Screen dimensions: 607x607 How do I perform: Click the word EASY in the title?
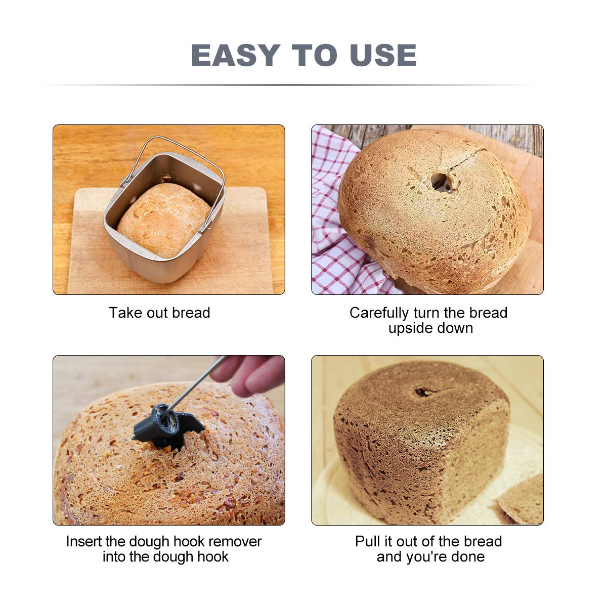(x=236, y=55)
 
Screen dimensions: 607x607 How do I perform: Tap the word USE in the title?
(x=383, y=55)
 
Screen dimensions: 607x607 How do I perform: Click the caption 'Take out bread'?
(x=159, y=313)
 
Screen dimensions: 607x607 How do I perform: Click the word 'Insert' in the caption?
(x=84, y=541)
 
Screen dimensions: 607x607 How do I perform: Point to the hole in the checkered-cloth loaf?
(x=440, y=182)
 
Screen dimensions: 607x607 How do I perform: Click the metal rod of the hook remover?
(x=197, y=382)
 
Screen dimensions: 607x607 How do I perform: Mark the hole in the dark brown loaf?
(x=424, y=392)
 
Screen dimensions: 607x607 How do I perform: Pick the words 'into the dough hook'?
(x=166, y=556)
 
